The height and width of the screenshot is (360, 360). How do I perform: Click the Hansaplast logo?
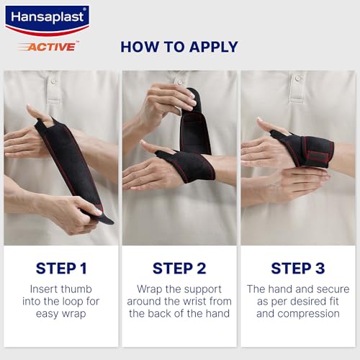[47, 21]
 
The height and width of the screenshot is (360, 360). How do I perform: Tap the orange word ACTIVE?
[51, 47]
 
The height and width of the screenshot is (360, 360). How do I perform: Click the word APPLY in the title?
[213, 47]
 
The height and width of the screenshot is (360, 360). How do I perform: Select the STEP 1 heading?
[61, 268]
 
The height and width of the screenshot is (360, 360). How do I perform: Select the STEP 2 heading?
[179, 268]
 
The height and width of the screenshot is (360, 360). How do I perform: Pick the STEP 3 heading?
[298, 268]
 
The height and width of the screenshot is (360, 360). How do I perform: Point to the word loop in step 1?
[73, 302]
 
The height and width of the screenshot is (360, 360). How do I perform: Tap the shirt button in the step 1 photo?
[53, 81]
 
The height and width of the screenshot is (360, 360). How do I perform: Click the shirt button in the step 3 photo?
[297, 78]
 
